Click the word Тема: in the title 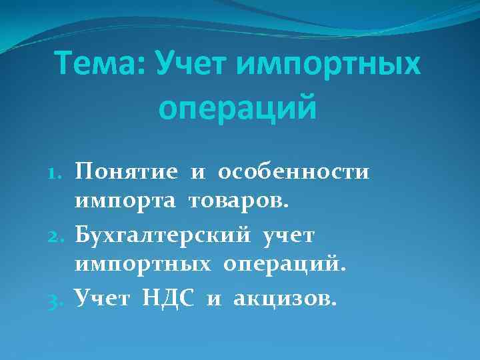[x=101, y=65]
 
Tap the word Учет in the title [x=194, y=65]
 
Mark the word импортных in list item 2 [x=146, y=265]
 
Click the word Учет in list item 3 [x=103, y=297]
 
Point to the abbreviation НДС [x=169, y=298]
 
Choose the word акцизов [x=282, y=298]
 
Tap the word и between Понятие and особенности [x=198, y=173]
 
